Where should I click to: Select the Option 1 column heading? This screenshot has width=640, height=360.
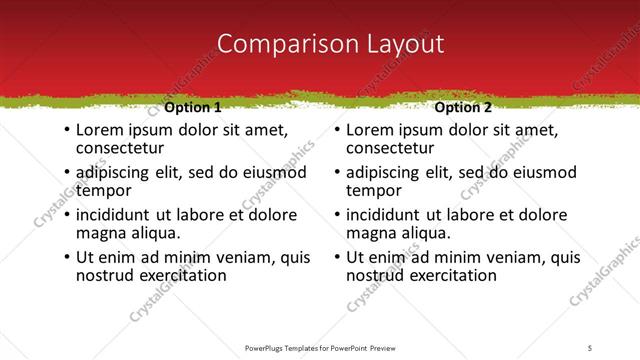point(192,107)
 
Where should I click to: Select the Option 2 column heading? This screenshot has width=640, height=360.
point(463,107)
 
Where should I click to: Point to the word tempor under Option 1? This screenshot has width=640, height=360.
point(103,191)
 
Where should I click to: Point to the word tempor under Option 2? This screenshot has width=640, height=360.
point(374,191)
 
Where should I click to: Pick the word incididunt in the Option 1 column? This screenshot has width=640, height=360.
point(118,215)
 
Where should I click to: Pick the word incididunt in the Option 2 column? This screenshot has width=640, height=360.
point(389,215)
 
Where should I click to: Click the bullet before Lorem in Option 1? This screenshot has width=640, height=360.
point(67,131)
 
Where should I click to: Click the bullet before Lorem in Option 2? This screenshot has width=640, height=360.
point(338,131)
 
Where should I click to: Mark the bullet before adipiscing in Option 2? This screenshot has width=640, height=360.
point(338,173)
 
